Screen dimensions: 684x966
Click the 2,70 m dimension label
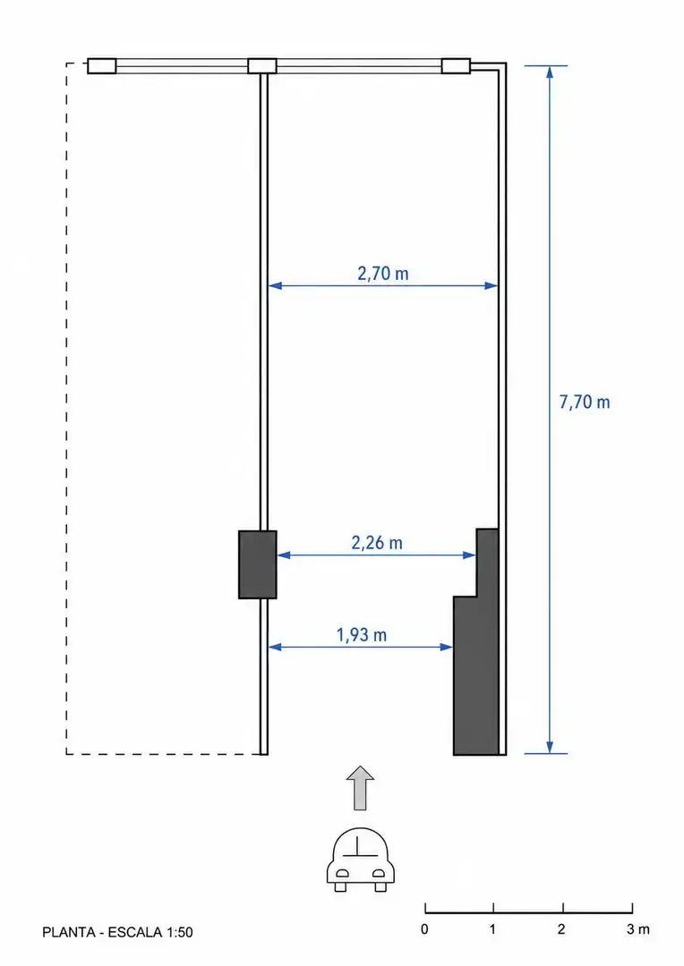[383, 273]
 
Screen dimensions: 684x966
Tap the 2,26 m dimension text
[377, 543]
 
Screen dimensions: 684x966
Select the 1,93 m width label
[362, 634]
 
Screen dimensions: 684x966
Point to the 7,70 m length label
[585, 402]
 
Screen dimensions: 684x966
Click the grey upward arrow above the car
[360, 788]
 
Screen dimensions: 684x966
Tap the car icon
[360, 860]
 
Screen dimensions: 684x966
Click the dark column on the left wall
[258, 564]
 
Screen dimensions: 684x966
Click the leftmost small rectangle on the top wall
[102, 66]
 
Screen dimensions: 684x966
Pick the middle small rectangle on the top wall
[262, 66]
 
